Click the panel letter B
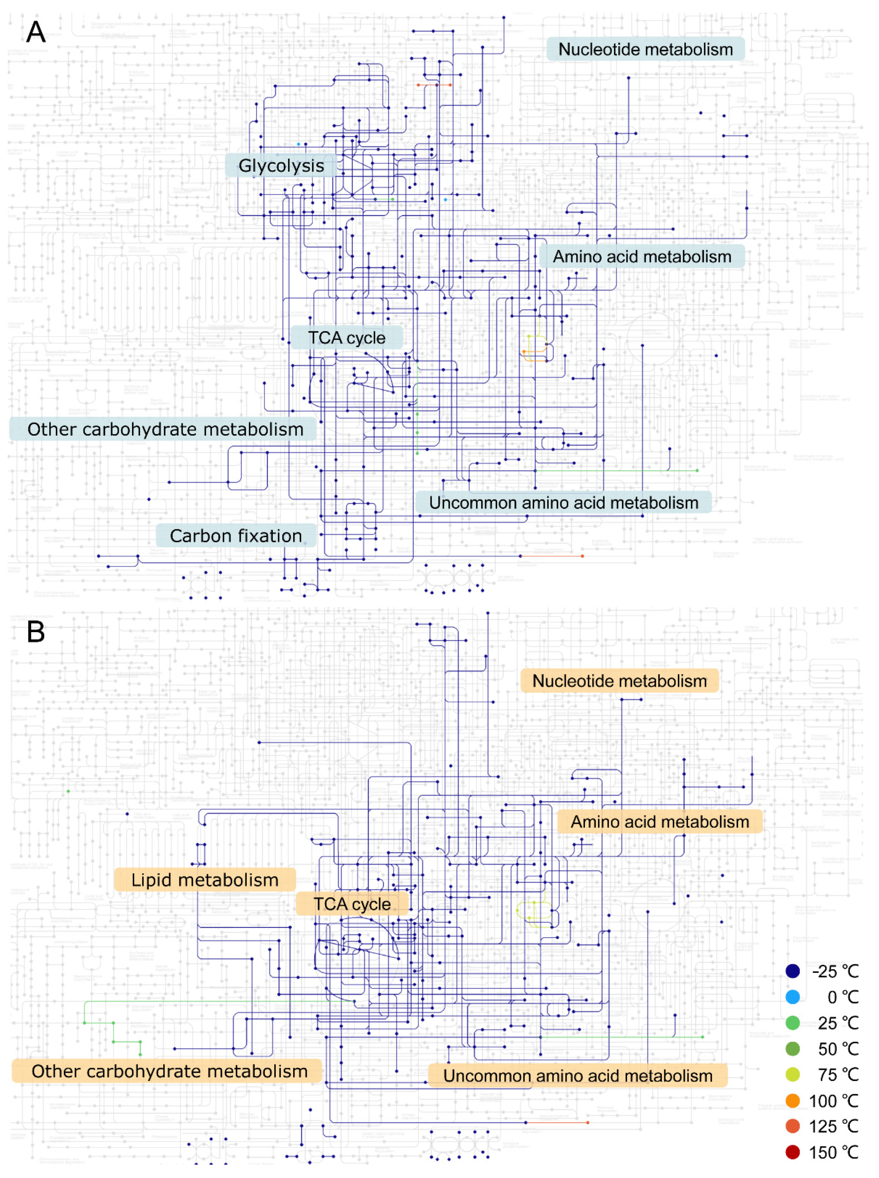click(36, 632)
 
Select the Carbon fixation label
click(236, 536)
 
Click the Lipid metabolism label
click(205, 880)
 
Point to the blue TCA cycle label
click(346, 338)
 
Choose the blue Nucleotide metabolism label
click(645, 50)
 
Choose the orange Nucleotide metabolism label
click(619, 681)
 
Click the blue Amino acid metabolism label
click(642, 256)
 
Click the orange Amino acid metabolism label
click(660, 821)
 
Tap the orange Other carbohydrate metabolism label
click(169, 1071)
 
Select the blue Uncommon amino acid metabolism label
click(564, 503)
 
